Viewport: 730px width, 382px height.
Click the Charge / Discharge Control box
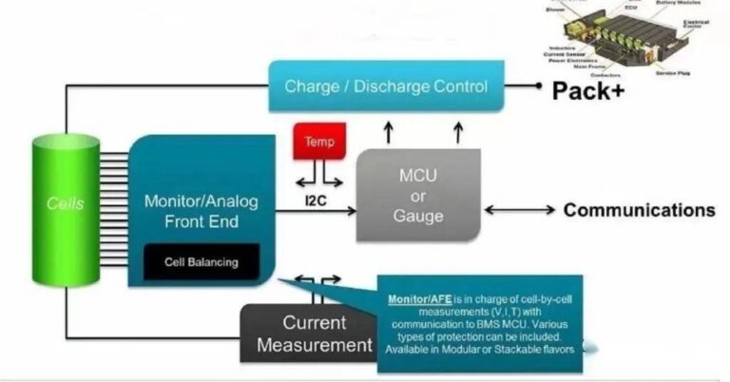[386, 87]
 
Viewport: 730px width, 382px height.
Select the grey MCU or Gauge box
[417, 196]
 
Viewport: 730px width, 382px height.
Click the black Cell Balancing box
[201, 261]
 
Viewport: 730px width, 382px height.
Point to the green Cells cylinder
[66, 203]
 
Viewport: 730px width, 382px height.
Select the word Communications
[639, 210]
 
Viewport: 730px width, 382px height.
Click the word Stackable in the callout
[518, 349]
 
